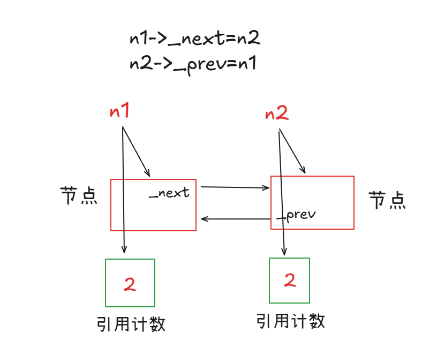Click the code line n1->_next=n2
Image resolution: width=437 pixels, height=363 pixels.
click(195, 39)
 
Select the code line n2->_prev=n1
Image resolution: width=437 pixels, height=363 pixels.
click(193, 65)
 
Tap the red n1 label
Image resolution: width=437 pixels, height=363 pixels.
click(119, 112)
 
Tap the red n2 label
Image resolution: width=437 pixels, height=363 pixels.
click(277, 113)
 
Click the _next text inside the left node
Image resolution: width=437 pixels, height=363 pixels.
click(169, 193)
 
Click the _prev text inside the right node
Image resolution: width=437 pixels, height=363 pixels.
click(297, 215)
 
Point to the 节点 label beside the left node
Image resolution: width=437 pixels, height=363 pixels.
click(79, 196)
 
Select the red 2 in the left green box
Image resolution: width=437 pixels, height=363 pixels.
click(130, 284)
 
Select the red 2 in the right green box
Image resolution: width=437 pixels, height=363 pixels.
click(290, 280)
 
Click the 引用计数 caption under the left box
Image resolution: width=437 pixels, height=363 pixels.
click(131, 324)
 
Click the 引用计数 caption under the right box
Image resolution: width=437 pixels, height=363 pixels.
click(291, 321)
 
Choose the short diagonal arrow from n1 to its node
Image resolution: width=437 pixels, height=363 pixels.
click(137, 152)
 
